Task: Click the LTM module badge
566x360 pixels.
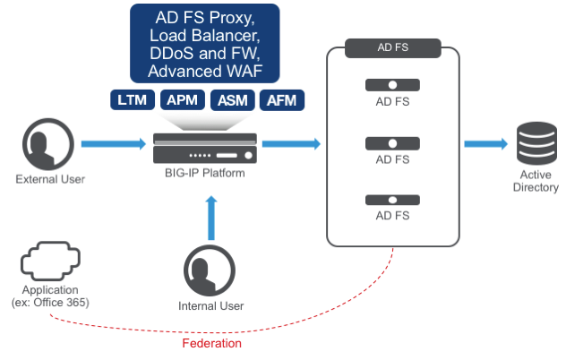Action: [x=133, y=100]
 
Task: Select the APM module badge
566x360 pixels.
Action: [x=184, y=100]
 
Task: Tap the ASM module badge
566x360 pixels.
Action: [x=234, y=100]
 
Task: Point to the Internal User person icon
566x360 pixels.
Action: [x=210, y=272]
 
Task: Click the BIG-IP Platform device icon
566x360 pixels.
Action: [x=205, y=147]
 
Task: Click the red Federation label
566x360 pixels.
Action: [x=211, y=342]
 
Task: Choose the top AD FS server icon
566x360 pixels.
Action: [x=392, y=85]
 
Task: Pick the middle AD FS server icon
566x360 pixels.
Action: [x=392, y=142]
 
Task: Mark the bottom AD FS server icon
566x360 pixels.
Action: [x=392, y=200]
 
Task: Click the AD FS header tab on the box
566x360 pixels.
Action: [x=392, y=47]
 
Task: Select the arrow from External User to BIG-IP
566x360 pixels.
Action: [x=113, y=142]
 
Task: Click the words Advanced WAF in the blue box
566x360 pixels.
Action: [x=205, y=70]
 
